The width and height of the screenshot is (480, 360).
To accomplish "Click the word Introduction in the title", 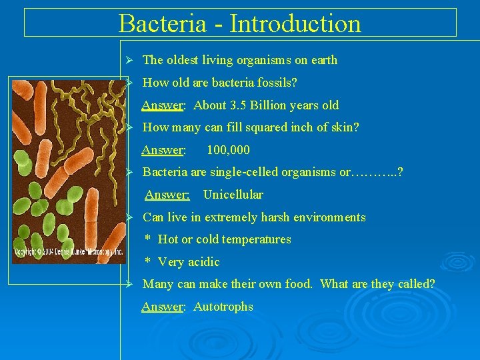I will (295, 23).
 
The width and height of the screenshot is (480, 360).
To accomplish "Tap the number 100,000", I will (228, 150).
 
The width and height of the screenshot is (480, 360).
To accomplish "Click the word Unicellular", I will (233, 195).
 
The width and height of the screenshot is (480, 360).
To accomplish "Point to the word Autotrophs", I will (223, 307).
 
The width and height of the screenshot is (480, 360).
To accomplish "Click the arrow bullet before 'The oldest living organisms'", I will (131, 60).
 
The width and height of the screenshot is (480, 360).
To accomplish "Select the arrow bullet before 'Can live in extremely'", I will (131, 217).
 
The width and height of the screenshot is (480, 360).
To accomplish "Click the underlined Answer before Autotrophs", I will (163, 307).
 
